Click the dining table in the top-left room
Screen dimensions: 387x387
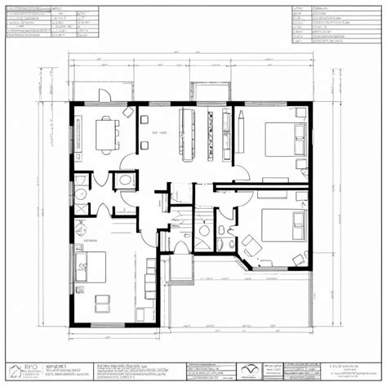point(106,133)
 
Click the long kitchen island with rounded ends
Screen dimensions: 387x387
point(184,131)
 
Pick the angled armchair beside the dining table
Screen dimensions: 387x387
point(128,112)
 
